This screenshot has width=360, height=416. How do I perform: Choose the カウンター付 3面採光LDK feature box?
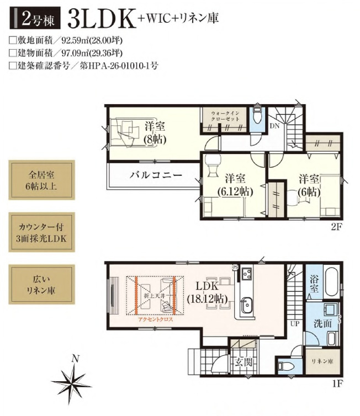[x=41, y=232]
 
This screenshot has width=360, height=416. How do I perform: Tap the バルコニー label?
[x=156, y=176]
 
